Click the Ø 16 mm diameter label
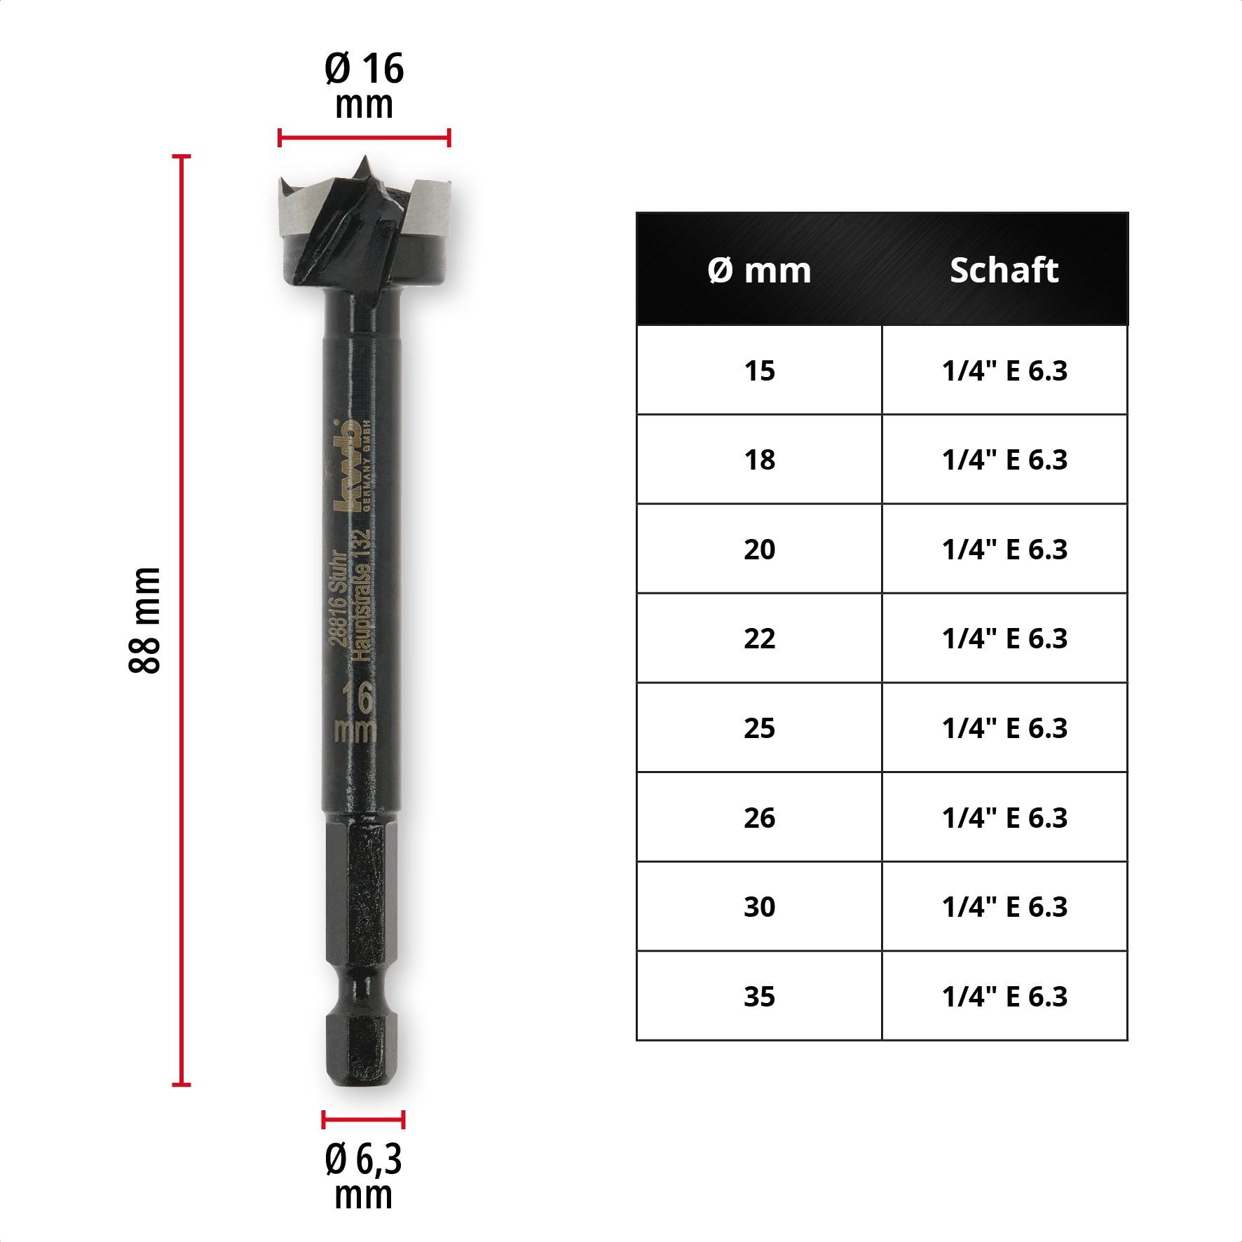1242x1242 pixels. (364, 86)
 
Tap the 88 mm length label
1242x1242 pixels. (145, 620)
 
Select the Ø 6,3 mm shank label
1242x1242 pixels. (363, 1175)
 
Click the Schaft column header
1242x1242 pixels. (1004, 270)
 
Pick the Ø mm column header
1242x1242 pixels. (759, 270)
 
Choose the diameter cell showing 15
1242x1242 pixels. (759, 371)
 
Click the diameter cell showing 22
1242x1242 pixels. (759, 639)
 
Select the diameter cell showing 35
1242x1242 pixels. (759, 996)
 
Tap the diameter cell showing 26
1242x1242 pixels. (759, 817)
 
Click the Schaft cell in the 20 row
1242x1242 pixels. (1004, 550)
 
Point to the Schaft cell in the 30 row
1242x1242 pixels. (1004, 907)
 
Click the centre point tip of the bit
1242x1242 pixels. (364, 163)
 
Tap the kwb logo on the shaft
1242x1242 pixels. (346, 466)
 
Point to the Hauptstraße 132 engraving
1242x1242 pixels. (360, 596)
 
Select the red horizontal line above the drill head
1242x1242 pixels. (364, 138)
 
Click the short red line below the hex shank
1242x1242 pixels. (363, 1119)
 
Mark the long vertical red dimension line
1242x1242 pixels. (182, 620)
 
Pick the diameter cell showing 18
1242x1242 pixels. (759, 460)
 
